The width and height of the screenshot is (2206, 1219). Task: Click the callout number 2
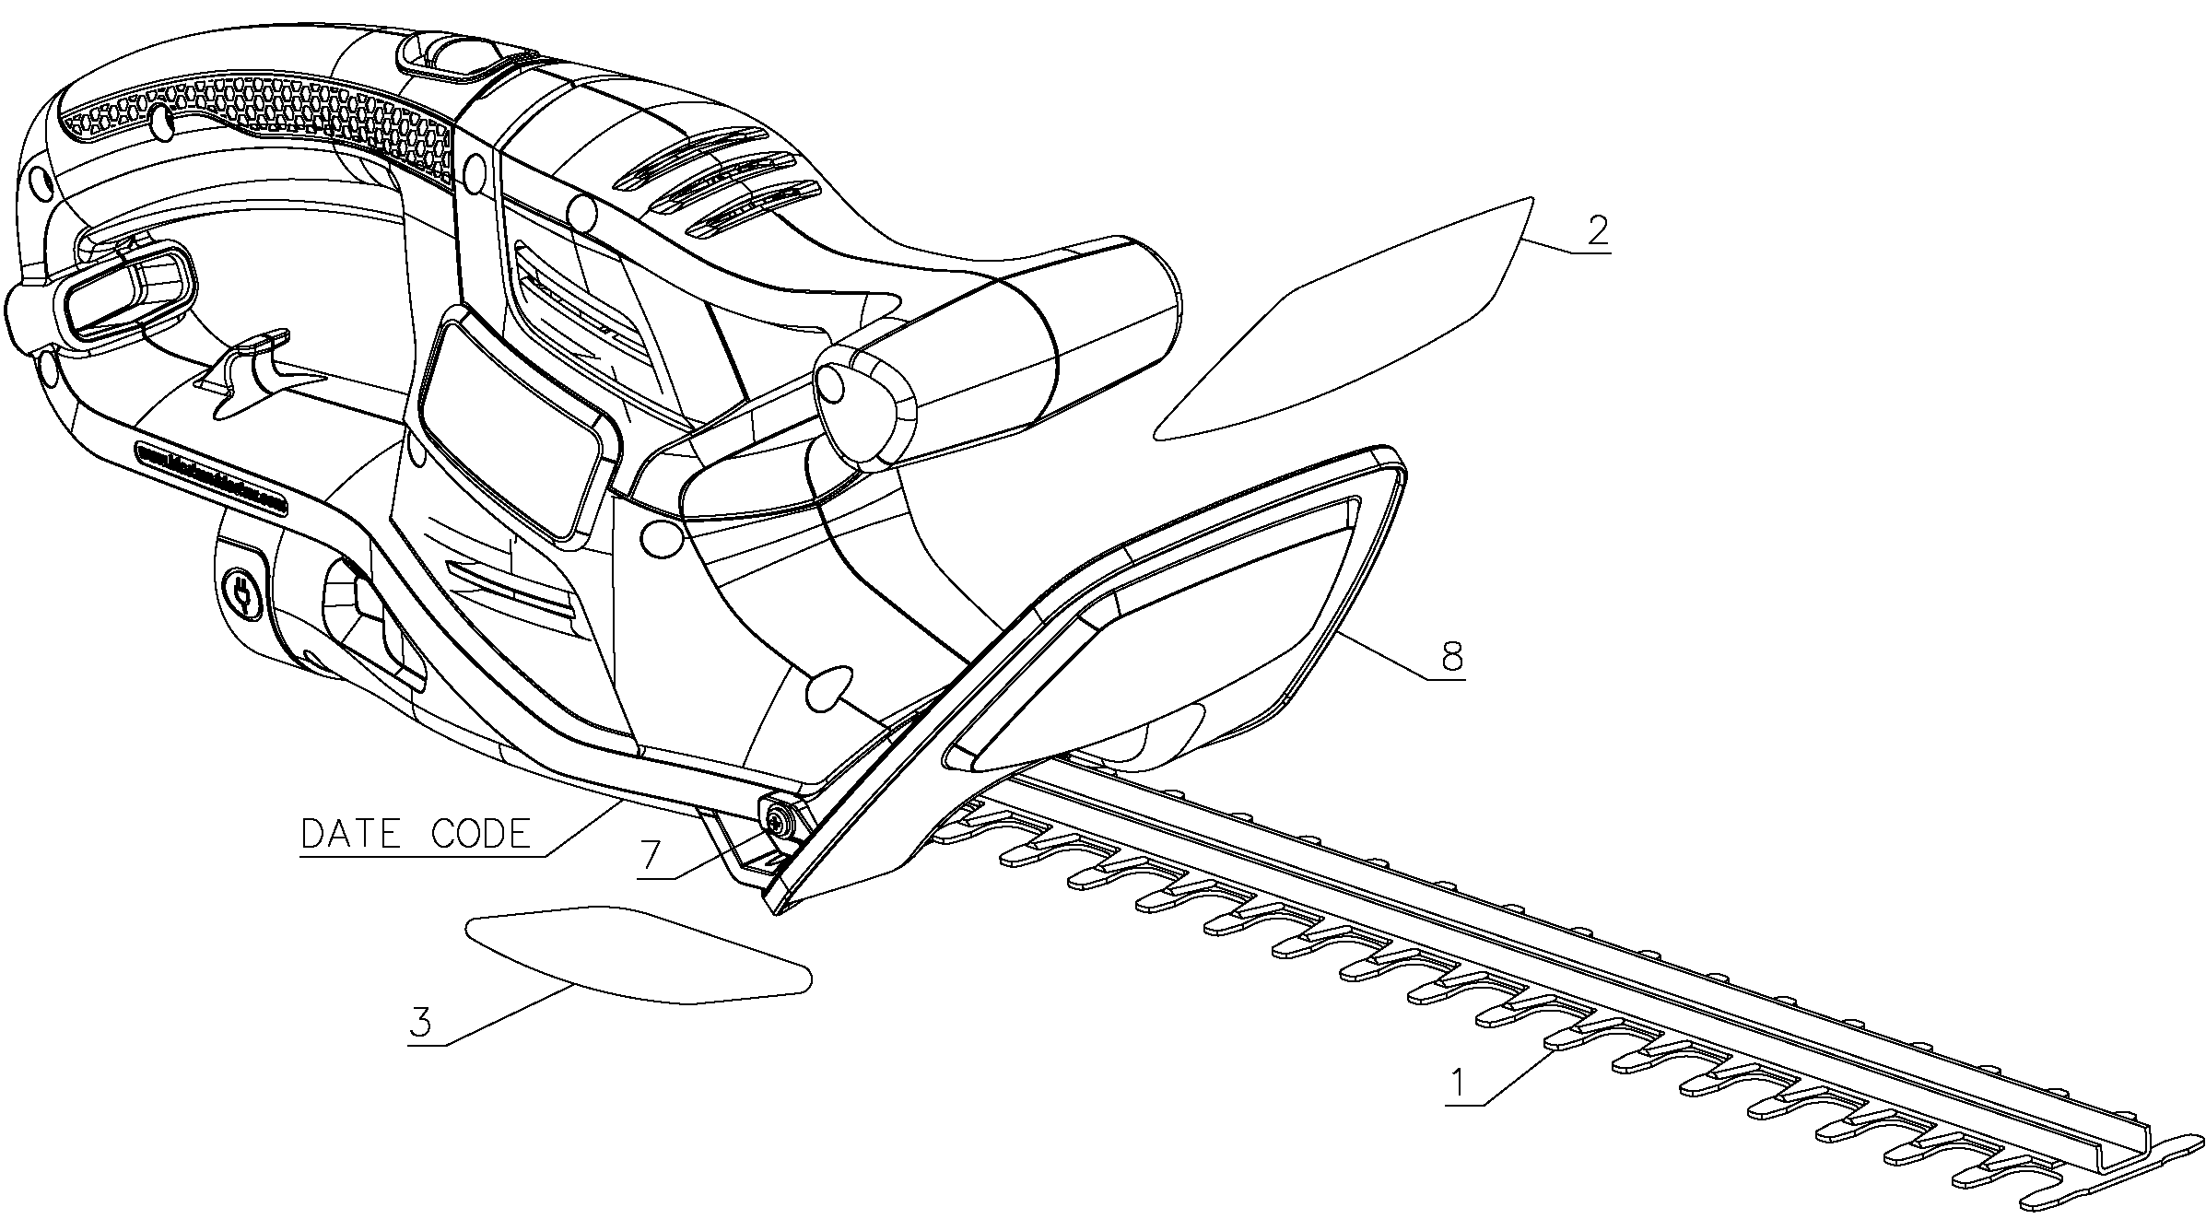1597,229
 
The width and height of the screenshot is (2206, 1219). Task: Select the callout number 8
1450,657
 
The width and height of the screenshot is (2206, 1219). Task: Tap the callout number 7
651,856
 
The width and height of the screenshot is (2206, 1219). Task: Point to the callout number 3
421,1023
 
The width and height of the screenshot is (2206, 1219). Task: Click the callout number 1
1458,1083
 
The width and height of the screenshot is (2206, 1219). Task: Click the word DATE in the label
351,835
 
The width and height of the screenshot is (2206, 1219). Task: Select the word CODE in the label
481,835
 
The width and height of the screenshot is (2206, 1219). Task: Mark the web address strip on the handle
211,478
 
